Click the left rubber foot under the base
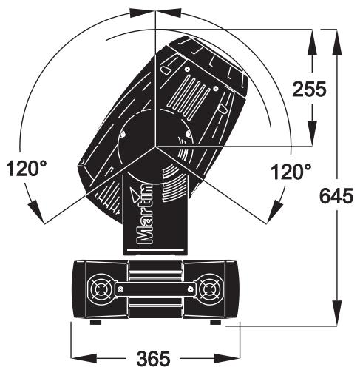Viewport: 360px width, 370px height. tap(94, 322)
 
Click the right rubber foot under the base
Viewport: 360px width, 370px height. tap(215, 322)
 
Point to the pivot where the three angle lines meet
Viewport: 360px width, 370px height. tap(156, 146)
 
